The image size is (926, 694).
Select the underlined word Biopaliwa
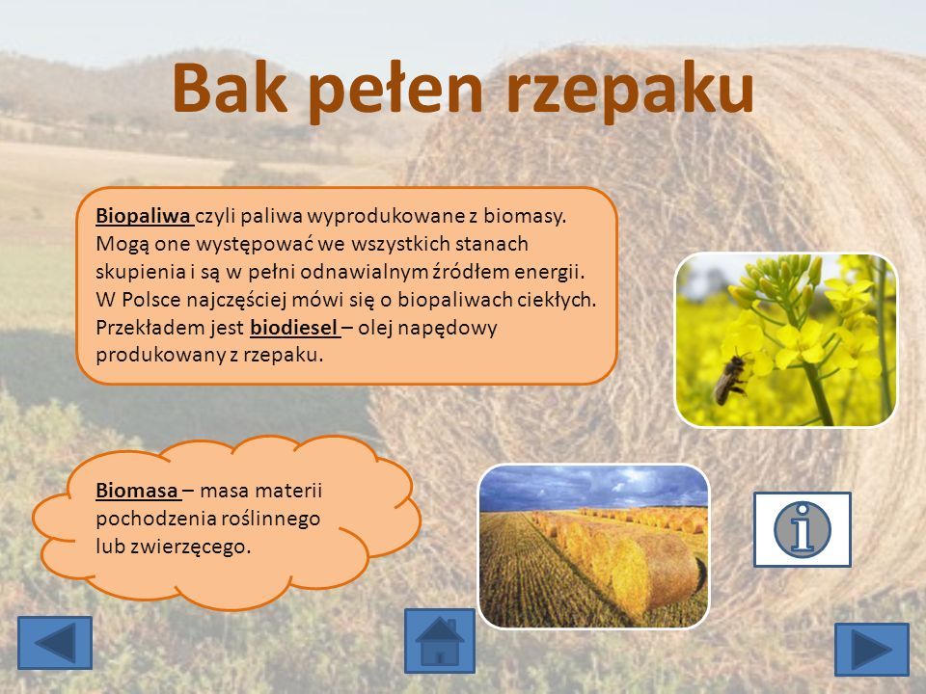[x=143, y=217]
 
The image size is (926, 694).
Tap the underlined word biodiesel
[x=293, y=328]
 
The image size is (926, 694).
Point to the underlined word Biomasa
[x=136, y=490]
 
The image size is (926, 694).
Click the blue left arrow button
[x=55, y=643]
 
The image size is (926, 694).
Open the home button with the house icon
[x=440, y=641]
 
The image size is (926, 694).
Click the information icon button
[x=802, y=529]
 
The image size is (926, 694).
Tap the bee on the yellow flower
[x=731, y=379]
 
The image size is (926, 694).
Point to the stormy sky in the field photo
[x=593, y=487]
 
